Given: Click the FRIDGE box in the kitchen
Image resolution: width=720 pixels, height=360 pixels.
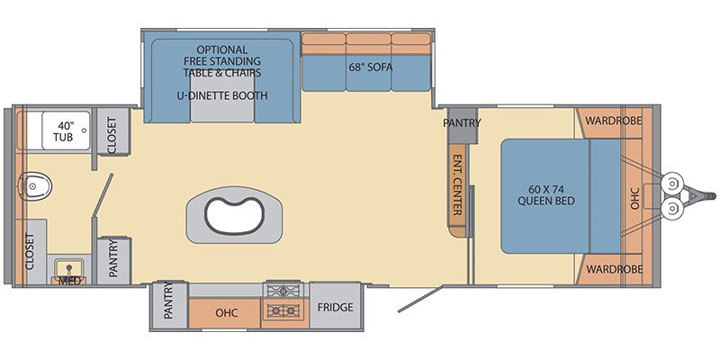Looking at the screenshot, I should click(335, 308).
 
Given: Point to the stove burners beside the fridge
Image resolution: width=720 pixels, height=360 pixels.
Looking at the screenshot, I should click(284, 301).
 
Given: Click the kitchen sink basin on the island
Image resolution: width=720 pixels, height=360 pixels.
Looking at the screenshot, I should click(232, 215).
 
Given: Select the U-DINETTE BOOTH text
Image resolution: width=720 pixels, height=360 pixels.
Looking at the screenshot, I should click(223, 94).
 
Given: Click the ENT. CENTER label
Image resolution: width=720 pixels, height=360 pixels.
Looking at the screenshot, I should click(457, 185).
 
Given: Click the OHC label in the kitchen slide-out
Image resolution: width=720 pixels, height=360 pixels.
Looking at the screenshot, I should click(226, 313).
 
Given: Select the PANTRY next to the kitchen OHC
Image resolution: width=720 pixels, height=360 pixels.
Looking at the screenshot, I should click(168, 303).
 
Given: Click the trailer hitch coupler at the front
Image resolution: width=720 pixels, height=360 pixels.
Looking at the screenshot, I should click(706, 194).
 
